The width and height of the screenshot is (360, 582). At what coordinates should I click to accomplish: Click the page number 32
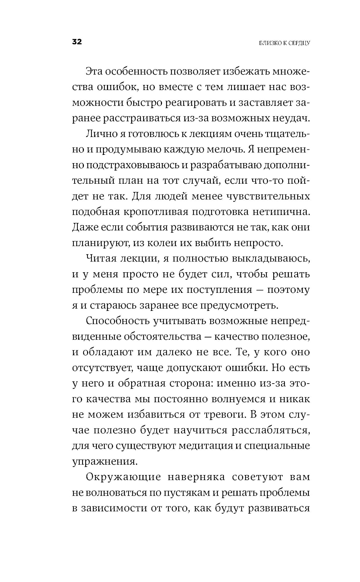point(77,42)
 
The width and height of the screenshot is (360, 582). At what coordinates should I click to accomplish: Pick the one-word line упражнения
point(102,461)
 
